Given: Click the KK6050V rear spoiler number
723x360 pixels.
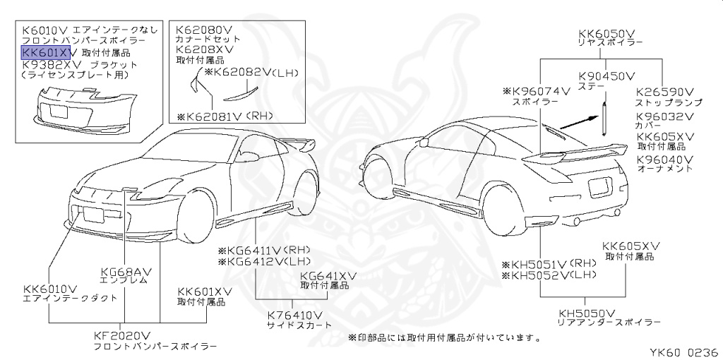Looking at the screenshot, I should pos(607,32).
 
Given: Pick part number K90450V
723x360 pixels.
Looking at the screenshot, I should pos(607,75).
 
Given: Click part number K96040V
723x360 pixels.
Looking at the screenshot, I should pos(665,160).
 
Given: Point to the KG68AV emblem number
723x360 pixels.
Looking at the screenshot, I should pos(128,270).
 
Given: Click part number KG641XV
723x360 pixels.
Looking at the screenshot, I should pos(328,276).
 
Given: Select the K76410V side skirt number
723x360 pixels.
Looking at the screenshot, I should pos(294,315).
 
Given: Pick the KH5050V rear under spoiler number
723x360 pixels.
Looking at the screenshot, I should pos(587,313).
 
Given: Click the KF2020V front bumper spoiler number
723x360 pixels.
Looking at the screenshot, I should pos(122,336).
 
